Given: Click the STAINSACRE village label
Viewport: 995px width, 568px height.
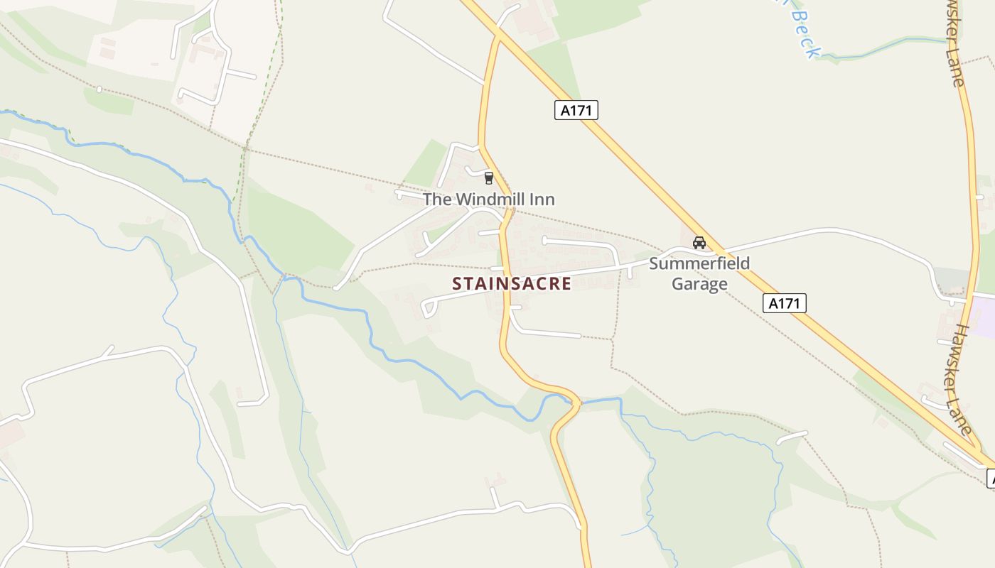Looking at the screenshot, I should [x=512, y=284].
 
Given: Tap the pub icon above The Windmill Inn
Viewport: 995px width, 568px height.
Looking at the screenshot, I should [x=488, y=177].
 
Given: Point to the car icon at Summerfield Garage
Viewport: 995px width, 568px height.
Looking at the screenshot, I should [x=699, y=243].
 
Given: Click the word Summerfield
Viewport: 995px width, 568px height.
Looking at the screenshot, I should [x=699, y=264].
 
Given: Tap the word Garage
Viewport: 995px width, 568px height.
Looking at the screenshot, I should [x=699, y=284].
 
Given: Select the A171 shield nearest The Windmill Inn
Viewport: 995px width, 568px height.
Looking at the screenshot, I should [x=576, y=110].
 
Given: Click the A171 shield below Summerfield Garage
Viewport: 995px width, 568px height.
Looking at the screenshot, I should [x=785, y=303].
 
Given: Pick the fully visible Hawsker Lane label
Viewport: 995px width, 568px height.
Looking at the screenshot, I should [x=962, y=380].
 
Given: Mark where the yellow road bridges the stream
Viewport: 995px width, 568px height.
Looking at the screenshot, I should [x=574, y=403].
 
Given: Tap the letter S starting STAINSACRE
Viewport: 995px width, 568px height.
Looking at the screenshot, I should [x=457, y=284].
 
